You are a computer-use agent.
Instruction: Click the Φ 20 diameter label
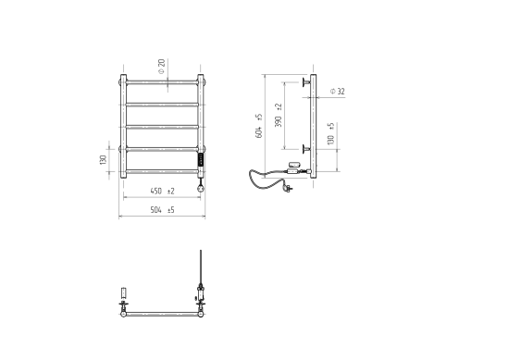click(162, 67)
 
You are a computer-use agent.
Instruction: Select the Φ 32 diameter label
click(337, 92)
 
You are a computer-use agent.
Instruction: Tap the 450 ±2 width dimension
click(162, 192)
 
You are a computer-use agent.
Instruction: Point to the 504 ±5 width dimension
click(162, 210)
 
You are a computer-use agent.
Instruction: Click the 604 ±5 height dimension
click(259, 126)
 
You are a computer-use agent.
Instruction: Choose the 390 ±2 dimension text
click(279, 116)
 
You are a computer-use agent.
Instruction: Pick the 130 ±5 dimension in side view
click(330, 134)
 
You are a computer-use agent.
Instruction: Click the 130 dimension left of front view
click(104, 160)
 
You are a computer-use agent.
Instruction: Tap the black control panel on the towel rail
click(201, 159)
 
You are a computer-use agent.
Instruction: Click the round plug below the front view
click(201, 188)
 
